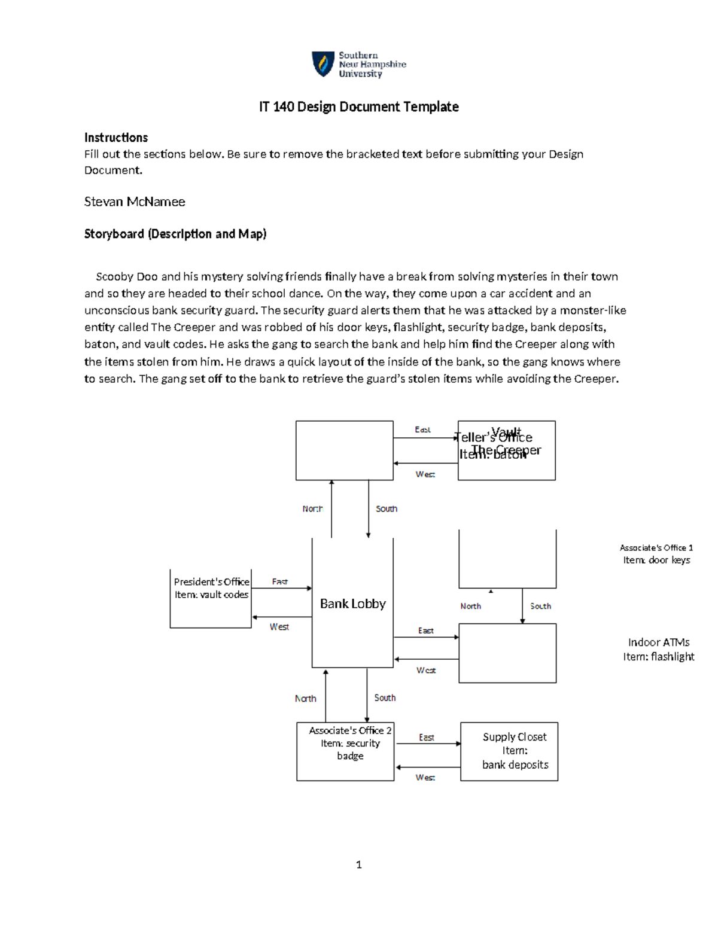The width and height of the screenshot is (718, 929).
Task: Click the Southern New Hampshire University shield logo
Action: point(323,64)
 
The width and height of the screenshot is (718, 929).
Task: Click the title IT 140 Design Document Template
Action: point(358,107)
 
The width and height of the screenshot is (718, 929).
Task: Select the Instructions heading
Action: point(115,138)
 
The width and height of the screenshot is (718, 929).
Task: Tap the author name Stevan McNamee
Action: point(135,202)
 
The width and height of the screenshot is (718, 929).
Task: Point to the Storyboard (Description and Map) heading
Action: point(175,234)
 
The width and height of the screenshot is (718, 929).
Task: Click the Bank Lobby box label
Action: point(352,604)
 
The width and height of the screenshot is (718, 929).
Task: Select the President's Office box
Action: point(211,598)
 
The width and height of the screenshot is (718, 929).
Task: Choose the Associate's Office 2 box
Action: point(345,751)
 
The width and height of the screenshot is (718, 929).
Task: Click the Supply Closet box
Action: point(509,751)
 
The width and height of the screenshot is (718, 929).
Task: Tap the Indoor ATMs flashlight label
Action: point(658,650)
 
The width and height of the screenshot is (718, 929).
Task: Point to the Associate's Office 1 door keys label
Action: point(656,554)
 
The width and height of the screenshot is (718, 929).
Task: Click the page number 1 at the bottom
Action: point(358,864)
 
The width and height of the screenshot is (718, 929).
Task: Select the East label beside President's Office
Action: point(279,581)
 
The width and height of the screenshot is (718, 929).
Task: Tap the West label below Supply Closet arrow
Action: point(425,777)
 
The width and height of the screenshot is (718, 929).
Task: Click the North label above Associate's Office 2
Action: point(305,698)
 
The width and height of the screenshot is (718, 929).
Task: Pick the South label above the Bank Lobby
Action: point(386,508)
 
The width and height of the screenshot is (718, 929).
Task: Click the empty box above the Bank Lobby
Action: point(344,450)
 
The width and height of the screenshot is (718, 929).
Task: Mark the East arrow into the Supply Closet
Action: point(428,744)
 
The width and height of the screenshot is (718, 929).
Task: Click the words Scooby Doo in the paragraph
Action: point(127,276)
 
